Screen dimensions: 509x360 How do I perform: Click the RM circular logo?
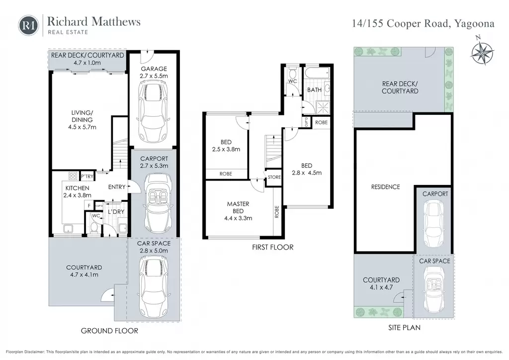pos(28,25)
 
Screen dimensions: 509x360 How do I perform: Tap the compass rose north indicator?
pos(482,51)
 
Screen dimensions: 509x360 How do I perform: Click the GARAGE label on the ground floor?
pos(154,69)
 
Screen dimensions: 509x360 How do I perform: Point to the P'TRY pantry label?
pos(87,177)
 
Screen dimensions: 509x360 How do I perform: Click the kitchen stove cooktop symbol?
pos(73,176)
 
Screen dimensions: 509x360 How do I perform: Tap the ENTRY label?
pos(116,187)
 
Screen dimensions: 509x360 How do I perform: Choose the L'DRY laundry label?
pos(116,212)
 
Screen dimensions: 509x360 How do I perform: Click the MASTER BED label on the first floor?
pos(238,207)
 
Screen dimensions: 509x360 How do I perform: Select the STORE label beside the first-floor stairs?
pos(274,177)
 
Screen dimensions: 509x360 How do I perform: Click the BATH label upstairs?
pos(314,90)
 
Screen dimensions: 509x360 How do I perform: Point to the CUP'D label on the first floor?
pos(306,122)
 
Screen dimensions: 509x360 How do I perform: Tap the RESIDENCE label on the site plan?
pos(385,187)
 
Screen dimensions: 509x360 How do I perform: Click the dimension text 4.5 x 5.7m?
pos(82,127)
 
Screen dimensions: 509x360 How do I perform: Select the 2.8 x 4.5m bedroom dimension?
pos(307,173)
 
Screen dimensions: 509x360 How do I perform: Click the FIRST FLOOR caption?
pos(273,247)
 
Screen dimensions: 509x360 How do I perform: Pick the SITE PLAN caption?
pos(404,328)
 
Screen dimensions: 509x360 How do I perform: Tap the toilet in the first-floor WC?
pos(293,72)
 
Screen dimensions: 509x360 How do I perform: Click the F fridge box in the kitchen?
pos(88,205)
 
